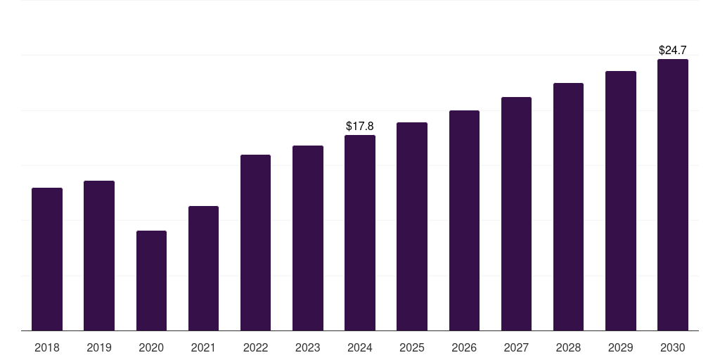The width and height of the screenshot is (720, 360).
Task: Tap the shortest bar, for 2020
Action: pyautogui.click(x=151, y=281)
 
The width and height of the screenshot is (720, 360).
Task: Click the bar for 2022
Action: pyautogui.click(x=255, y=243)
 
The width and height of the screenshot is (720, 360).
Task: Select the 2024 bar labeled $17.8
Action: pyautogui.click(x=360, y=233)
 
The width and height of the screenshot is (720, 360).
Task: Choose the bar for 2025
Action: pyautogui.click(x=412, y=226)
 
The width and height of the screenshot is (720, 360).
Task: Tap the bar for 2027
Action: pyautogui.click(x=516, y=214)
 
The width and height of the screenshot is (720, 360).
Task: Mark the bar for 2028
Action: pyautogui.click(x=568, y=207)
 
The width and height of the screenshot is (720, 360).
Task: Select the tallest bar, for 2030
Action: pyautogui.click(x=673, y=195)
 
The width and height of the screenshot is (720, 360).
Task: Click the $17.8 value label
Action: pyautogui.click(x=360, y=126)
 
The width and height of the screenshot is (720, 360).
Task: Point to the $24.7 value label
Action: pyautogui.click(x=673, y=50)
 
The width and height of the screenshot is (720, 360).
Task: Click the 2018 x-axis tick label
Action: pyautogui.click(x=47, y=347)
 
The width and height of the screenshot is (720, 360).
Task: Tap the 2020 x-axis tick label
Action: pyautogui.click(x=151, y=347)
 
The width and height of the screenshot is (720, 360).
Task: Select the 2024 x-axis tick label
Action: pyautogui.click(x=360, y=347)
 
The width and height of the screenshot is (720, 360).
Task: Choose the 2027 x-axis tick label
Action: pyautogui.click(x=516, y=347)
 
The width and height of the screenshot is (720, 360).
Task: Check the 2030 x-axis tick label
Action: pyautogui.click(x=673, y=347)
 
